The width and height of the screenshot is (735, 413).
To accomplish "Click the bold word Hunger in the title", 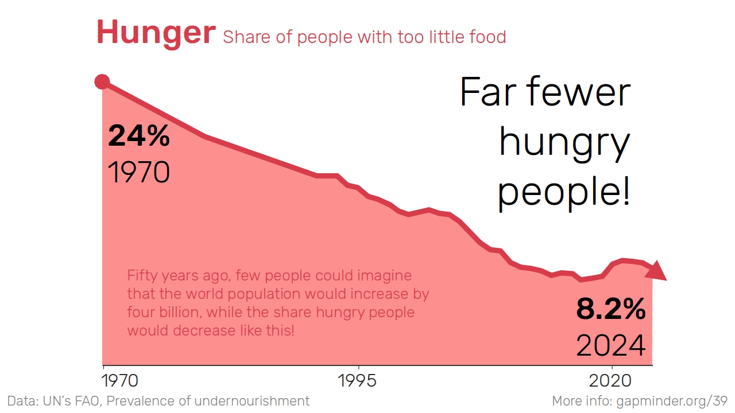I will coord(156,33).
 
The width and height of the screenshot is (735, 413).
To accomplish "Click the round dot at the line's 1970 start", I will coord(102,82).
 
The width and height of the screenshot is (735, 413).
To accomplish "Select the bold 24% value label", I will coord(139,136).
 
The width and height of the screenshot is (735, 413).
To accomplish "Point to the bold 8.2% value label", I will coord(611,310).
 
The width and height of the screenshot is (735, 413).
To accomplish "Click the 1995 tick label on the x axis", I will coord(358,380).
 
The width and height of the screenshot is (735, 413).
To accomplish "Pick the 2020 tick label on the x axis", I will coord(611,380).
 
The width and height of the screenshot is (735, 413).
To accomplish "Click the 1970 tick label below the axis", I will coord(120,380).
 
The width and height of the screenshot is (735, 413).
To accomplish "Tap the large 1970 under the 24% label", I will coord(139,172).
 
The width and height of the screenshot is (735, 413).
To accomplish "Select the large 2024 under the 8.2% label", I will coord(611,345).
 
